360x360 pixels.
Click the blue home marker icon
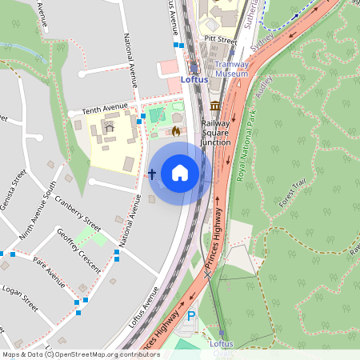[180, 173]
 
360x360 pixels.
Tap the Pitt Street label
[221, 38]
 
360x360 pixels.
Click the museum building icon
[215, 106]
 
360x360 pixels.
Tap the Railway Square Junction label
[215, 133]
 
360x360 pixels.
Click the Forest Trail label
[293, 194]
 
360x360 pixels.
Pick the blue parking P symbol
[190, 317]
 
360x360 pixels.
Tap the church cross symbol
[152, 174]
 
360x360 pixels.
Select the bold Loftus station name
[194, 80]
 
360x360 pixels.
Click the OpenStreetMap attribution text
[81, 354]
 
